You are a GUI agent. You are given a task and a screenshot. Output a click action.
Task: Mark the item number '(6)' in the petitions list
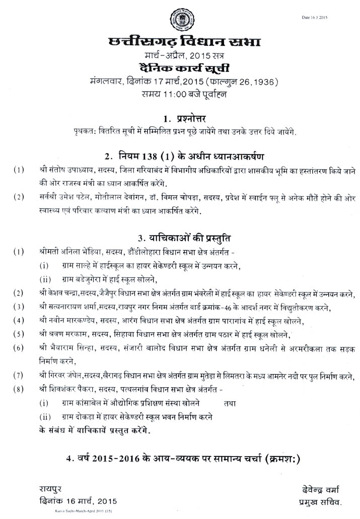(x=19, y=348)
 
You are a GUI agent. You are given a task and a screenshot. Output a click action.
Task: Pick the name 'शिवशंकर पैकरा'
(x=70, y=389)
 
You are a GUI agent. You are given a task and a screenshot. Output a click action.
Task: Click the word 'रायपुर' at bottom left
(x=51, y=489)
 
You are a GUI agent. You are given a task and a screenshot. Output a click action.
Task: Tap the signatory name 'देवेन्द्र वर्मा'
(x=319, y=489)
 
